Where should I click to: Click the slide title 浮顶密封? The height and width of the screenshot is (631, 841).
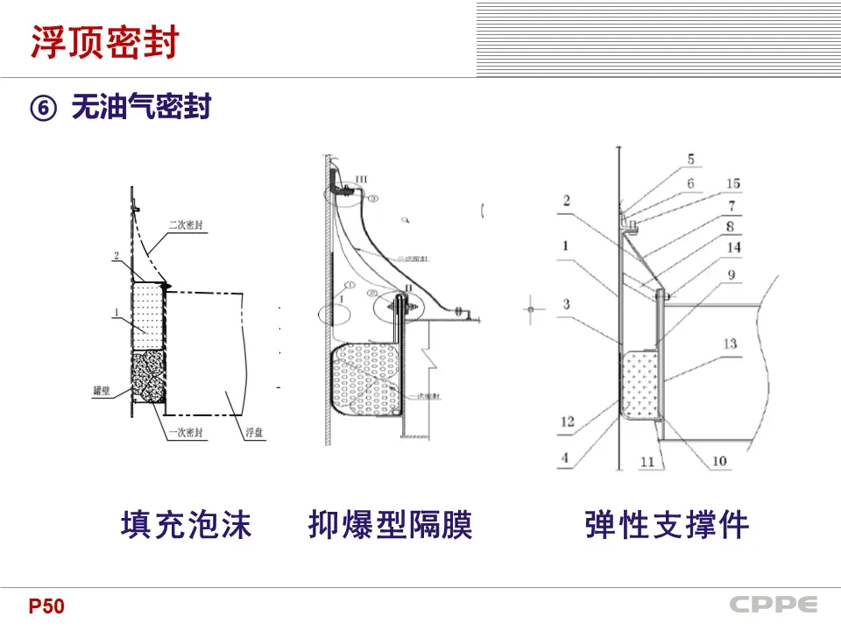pyautogui.click(x=104, y=42)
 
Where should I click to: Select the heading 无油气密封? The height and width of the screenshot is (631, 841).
pyautogui.click(x=141, y=108)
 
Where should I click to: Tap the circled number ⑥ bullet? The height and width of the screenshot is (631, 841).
pyautogui.click(x=44, y=108)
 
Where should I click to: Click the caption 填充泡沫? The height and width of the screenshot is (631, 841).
pyautogui.click(x=186, y=525)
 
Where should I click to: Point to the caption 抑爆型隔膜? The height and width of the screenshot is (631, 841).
pyautogui.click(x=391, y=525)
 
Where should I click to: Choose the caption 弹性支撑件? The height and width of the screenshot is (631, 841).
pyautogui.click(x=667, y=525)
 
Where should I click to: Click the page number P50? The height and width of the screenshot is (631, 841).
pyautogui.click(x=46, y=606)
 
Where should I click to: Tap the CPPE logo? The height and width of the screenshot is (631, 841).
pyautogui.click(x=774, y=605)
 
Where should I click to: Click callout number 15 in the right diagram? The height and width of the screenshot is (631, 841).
pyautogui.click(x=732, y=184)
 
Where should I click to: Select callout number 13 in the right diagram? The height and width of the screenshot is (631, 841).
pyautogui.click(x=730, y=344)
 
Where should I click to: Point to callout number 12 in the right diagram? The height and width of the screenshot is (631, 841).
pyautogui.click(x=567, y=422)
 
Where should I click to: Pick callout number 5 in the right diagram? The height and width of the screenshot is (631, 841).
pyautogui.click(x=690, y=160)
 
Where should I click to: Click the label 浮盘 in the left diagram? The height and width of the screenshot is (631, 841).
pyautogui.click(x=251, y=432)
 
